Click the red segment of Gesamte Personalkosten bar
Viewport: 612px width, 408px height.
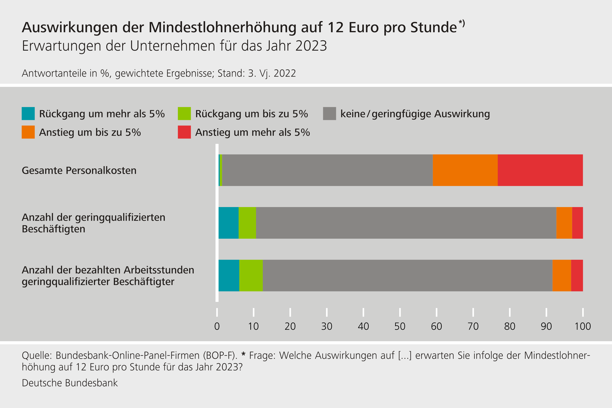pyautogui.click(x=540, y=170)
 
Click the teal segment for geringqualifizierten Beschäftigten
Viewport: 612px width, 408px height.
pyautogui.click(x=228, y=223)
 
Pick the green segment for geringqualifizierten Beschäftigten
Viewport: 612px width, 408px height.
pyautogui.click(x=247, y=223)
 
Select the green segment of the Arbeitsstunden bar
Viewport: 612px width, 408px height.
pyautogui.click(x=251, y=275)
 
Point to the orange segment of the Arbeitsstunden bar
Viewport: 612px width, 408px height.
pyautogui.click(x=562, y=275)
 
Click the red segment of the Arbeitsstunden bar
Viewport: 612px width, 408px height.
pyautogui.click(x=577, y=275)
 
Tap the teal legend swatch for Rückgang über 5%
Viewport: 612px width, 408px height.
pyautogui.click(x=28, y=113)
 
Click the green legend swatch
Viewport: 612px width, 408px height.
pyautogui.click(x=184, y=113)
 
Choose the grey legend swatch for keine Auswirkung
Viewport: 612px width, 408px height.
pyautogui.click(x=329, y=113)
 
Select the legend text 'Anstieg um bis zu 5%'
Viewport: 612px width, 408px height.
pyautogui.click(x=90, y=132)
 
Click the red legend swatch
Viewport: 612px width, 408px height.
pyautogui.click(x=184, y=132)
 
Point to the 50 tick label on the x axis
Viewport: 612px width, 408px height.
pyautogui.click(x=400, y=326)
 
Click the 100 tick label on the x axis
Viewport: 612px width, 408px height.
pyautogui.click(x=583, y=326)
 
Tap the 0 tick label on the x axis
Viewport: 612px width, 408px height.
pyautogui.click(x=217, y=326)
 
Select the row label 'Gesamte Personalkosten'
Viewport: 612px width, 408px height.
pyautogui.click(x=79, y=170)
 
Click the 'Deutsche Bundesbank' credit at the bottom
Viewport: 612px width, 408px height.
pyautogui.click(x=70, y=383)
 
